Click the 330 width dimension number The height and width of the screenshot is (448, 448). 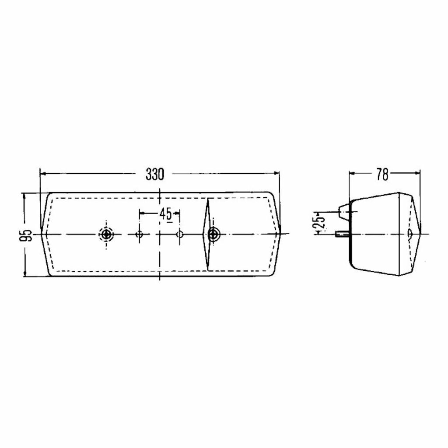click(x=155, y=174)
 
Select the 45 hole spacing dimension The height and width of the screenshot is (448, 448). click(x=166, y=214)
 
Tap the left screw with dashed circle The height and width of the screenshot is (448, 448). click(x=106, y=234)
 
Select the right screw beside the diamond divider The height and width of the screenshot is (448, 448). click(x=213, y=234)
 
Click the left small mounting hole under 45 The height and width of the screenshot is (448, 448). click(x=140, y=234)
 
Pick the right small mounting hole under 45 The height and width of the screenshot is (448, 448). click(x=180, y=234)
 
